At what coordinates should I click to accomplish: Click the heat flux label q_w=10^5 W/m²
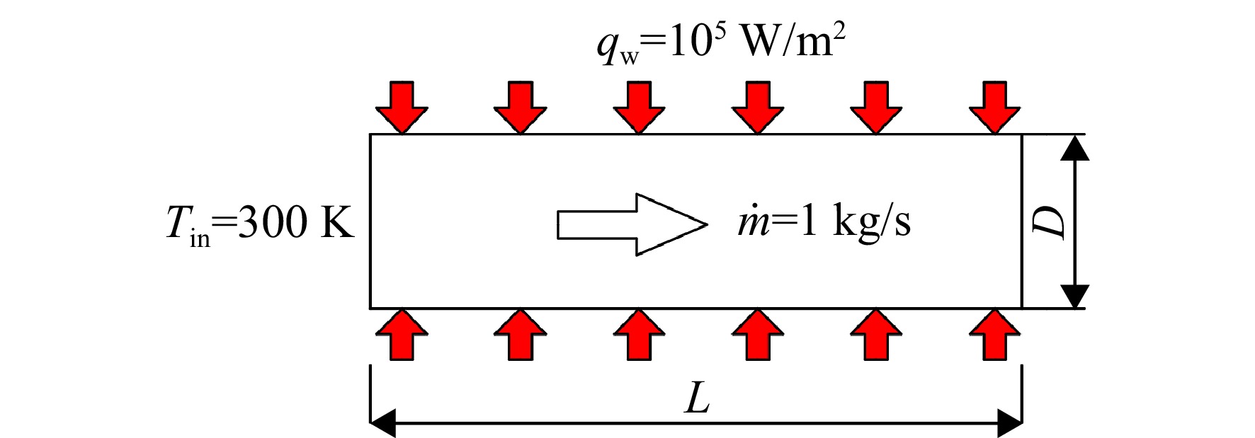pyautogui.click(x=721, y=45)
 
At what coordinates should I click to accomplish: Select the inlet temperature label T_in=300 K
pyautogui.click(x=260, y=224)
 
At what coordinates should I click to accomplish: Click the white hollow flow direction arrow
pyautogui.click(x=632, y=224)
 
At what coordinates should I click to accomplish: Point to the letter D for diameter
pyautogui.click(x=1049, y=221)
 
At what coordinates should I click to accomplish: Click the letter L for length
pyautogui.click(x=698, y=400)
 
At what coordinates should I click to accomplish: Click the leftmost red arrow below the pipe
pyautogui.click(x=402, y=334)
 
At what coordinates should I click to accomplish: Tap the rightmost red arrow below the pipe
pyautogui.click(x=995, y=334)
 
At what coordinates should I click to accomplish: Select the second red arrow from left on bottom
pyautogui.click(x=521, y=334)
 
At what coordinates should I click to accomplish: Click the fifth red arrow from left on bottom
pyautogui.click(x=876, y=334)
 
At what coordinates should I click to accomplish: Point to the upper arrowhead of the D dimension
pyautogui.click(x=1076, y=146)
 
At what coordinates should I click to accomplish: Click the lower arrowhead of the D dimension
pyautogui.click(x=1076, y=296)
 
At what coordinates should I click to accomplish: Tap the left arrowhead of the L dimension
pyautogui.click(x=383, y=424)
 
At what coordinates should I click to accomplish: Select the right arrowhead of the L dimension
pyautogui.click(x=1009, y=424)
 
